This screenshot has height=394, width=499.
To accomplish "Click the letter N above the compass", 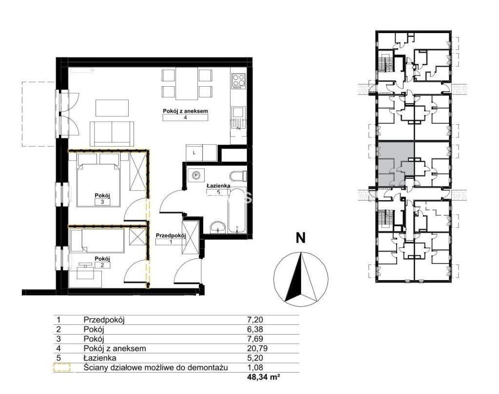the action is (x=300, y=238).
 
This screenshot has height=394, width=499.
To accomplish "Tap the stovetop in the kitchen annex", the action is (x=239, y=81).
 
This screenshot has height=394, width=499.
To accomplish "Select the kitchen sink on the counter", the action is (x=238, y=112).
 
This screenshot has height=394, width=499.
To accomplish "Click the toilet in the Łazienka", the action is (x=238, y=176).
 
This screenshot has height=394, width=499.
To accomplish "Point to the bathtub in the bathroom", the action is (x=237, y=211).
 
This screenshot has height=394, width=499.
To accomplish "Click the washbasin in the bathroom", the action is (x=218, y=227).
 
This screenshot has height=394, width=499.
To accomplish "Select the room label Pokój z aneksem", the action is (x=185, y=111).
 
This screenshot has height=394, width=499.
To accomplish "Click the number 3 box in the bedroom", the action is (x=102, y=202).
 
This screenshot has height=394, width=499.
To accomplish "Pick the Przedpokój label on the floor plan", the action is (x=171, y=236).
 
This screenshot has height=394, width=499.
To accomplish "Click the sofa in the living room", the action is (x=112, y=133).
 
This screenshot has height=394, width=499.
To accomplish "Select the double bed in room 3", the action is (x=98, y=180).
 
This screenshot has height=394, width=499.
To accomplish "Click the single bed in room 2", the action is (x=97, y=242).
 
